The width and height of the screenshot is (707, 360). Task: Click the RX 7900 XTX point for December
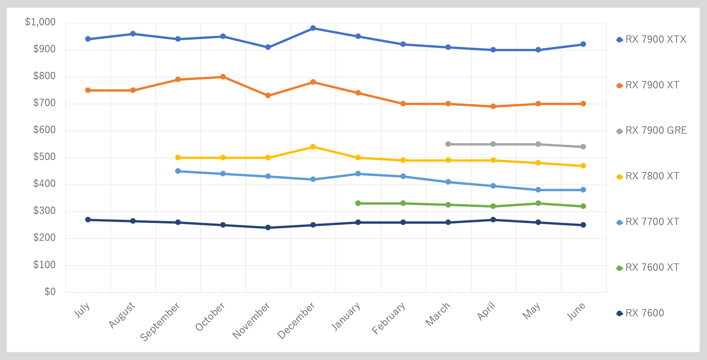[313, 28]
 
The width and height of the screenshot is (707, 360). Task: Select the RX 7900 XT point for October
[223, 77]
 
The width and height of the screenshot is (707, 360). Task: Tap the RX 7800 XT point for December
[313, 147]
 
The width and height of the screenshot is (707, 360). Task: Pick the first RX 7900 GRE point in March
[448, 144]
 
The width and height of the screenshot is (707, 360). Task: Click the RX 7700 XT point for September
[178, 171]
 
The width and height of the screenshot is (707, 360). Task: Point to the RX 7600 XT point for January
[358, 203]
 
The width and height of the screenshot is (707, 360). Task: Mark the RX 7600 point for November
[268, 227]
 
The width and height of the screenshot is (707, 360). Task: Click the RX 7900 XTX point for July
[88, 39]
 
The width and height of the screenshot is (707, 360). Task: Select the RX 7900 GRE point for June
[583, 147]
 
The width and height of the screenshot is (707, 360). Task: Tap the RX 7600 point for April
[493, 220]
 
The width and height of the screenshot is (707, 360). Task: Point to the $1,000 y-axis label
[40, 22]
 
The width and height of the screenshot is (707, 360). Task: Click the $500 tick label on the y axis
[44, 157]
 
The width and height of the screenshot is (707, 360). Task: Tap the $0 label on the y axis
[50, 292]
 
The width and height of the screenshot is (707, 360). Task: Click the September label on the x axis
[160, 322]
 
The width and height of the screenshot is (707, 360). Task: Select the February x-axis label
[388, 318]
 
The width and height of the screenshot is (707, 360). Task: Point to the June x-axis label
[576, 311]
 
